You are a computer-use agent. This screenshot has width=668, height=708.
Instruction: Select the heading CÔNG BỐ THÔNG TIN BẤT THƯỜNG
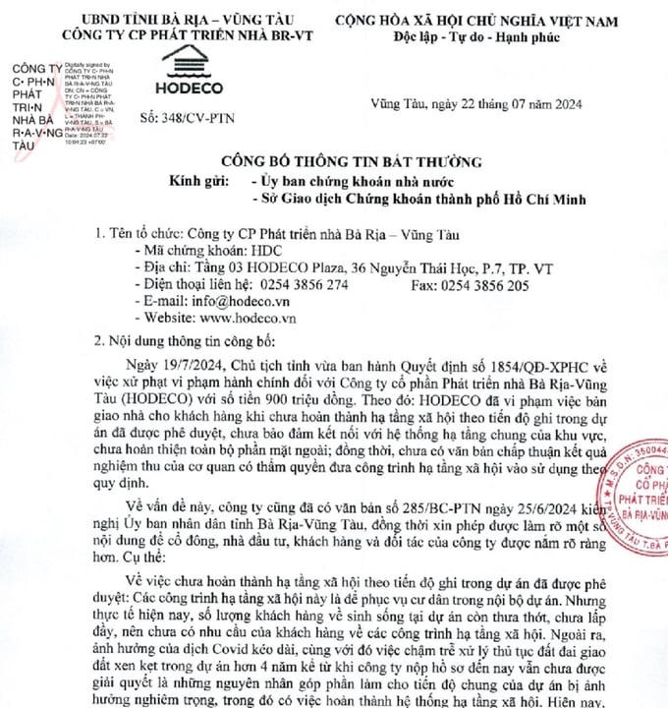click(337, 161)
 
